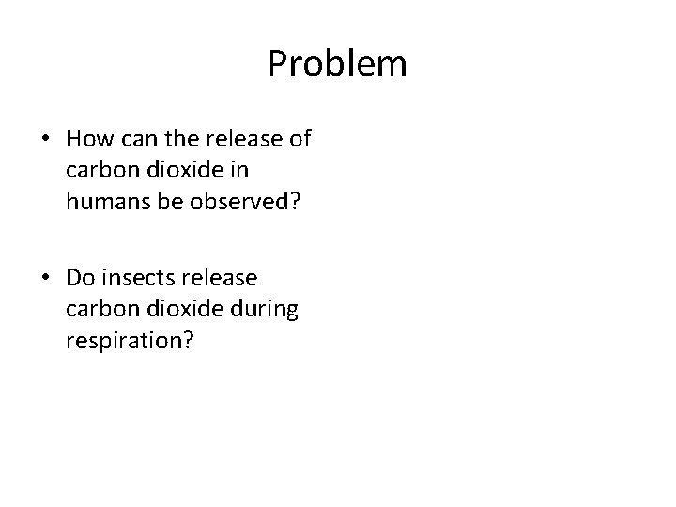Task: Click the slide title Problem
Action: tap(337, 65)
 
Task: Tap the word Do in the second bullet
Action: tap(80, 278)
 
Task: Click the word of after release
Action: tap(300, 140)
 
